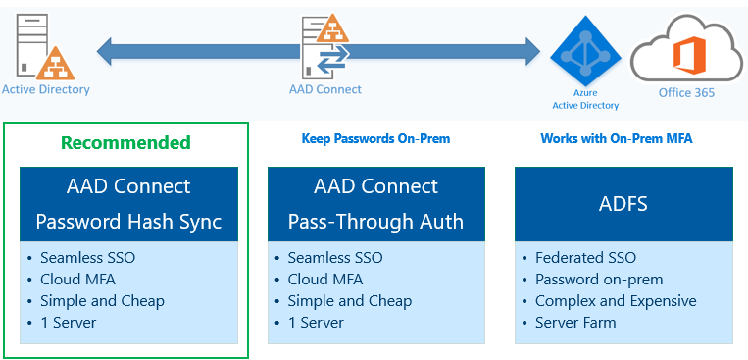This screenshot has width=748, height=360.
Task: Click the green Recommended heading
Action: pos(125,143)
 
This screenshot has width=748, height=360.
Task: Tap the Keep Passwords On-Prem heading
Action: pos(375,139)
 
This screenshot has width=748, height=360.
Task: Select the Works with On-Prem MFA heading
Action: pos(617,139)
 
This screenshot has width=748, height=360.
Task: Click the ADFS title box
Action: pos(623,204)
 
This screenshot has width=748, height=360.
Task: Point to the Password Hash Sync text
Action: pos(128,222)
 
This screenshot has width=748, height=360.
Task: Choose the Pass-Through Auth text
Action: pos(375,222)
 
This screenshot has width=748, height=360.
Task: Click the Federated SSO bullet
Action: pos(585,258)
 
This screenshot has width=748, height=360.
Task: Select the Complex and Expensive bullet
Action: pos(616,301)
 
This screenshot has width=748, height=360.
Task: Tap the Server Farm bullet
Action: pos(575,323)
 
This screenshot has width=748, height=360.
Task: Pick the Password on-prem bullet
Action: pos(599,280)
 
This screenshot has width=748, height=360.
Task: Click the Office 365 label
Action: pos(686,92)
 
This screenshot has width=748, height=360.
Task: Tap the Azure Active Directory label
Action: pos(585,99)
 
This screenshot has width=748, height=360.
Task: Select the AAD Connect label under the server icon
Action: pos(325,89)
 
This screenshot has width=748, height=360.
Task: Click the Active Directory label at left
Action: pos(46,89)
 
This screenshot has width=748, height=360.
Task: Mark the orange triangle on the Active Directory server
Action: pos(55,64)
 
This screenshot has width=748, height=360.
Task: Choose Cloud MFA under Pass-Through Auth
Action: pos(324,280)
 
